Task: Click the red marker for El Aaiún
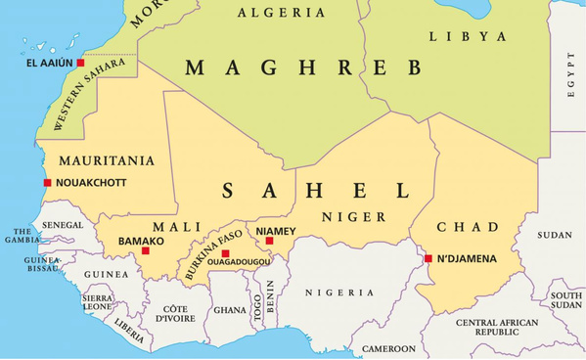[81, 64]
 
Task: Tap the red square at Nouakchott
[47, 183]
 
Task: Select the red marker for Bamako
[146, 250]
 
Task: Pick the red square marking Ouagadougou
[226, 253]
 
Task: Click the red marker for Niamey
[270, 241]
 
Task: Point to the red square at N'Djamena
[428, 258]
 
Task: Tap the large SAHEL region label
[315, 189]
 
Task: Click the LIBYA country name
[469, 36]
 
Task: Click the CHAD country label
[468, 227]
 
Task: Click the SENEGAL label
[62, 225]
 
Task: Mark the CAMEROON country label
[388, 348]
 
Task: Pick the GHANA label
[230, 310]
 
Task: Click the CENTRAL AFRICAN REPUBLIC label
[497, 327]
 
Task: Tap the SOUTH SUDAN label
[565, 300]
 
